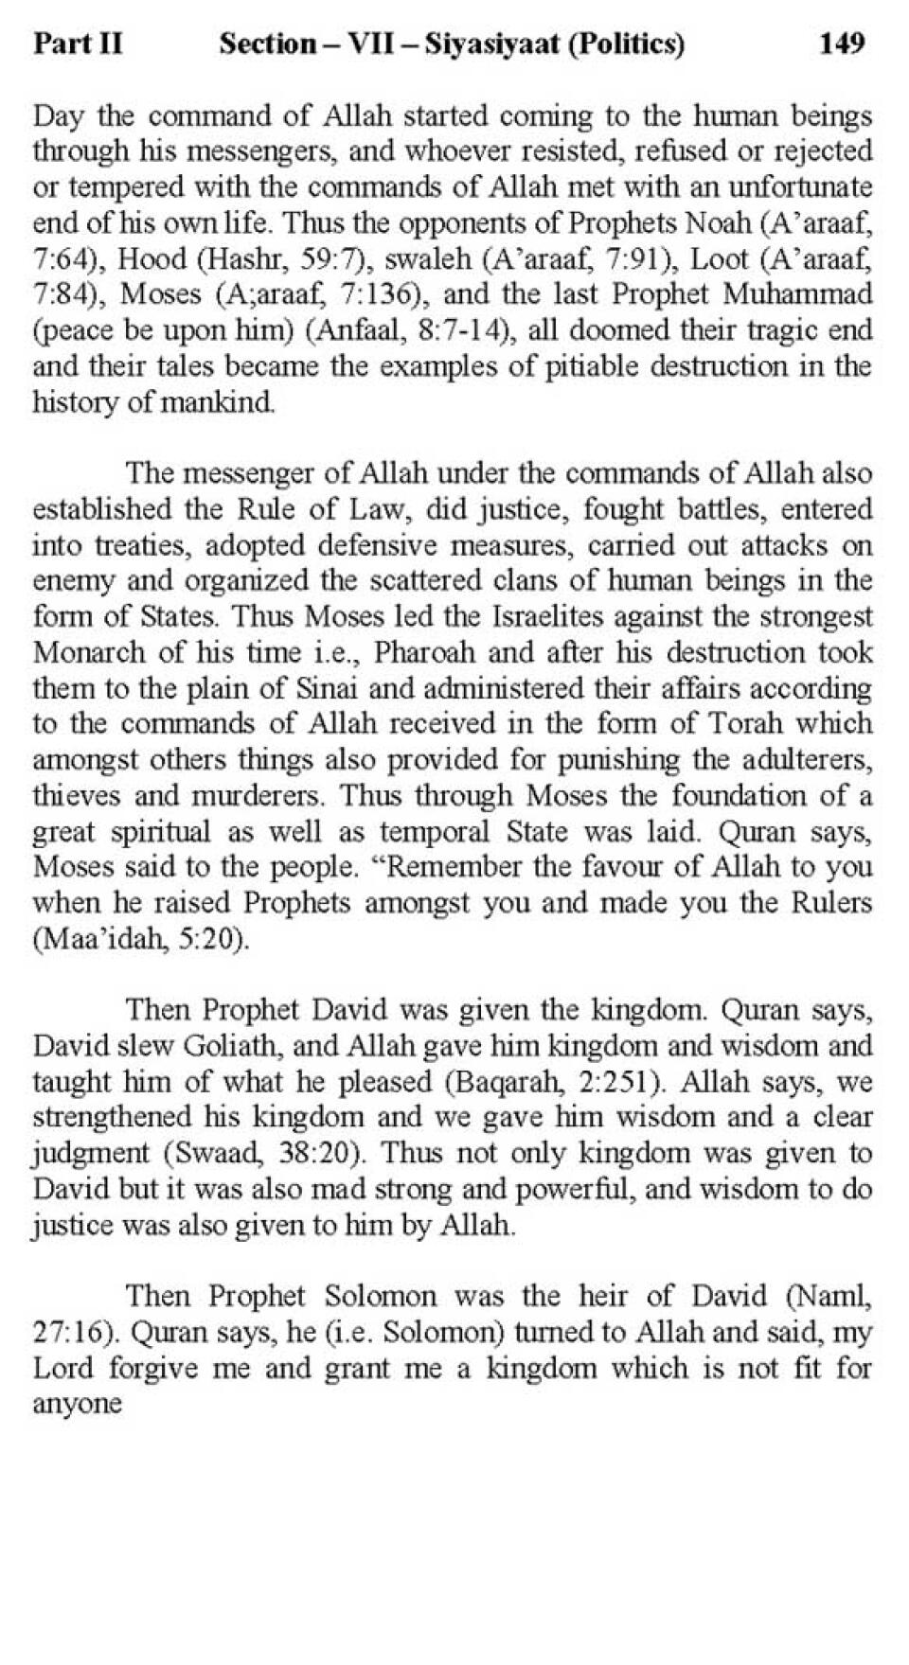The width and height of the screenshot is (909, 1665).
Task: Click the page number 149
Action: (841, 44)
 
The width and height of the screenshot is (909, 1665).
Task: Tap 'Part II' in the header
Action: (78, 44)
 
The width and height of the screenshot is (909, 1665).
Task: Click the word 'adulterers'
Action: (806, 760)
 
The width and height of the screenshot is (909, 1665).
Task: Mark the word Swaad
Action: (222, 1154)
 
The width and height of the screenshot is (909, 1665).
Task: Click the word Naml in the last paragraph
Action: (830, 1297)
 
